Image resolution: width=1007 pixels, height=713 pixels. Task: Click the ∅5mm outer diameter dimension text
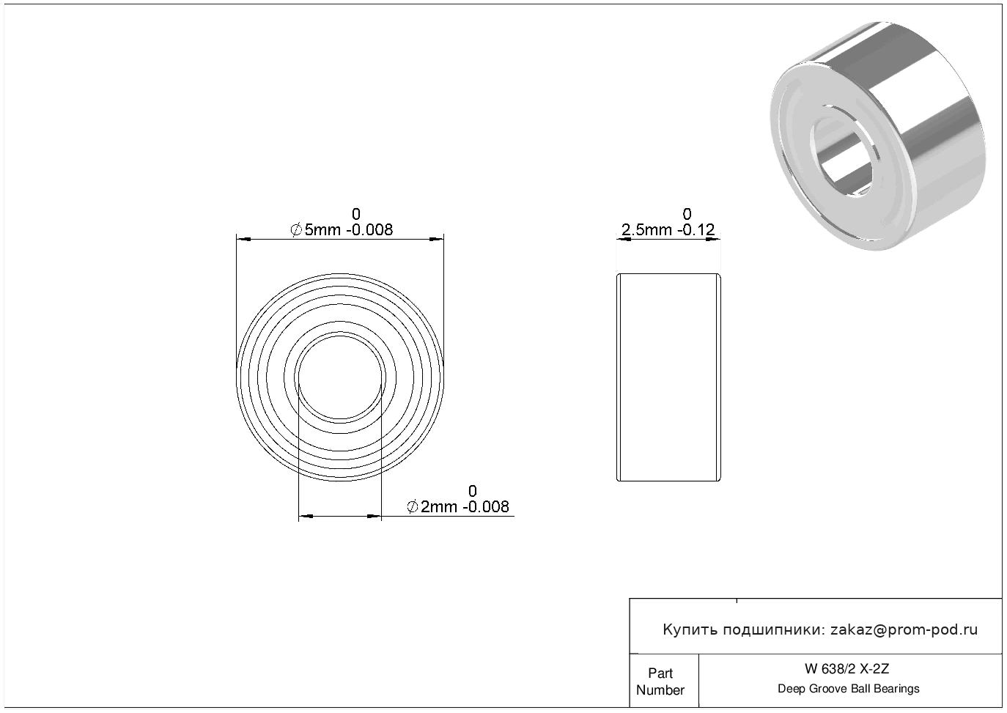click(x=342, y=229)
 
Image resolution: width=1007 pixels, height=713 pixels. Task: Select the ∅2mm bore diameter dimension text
click(x=457, y=506)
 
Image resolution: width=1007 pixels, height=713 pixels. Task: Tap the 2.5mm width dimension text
click(x=668, y=229)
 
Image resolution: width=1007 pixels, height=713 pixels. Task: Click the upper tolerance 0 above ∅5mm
click(x=356, y=213)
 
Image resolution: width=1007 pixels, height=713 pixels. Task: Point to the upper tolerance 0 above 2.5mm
click(x=687, y=213)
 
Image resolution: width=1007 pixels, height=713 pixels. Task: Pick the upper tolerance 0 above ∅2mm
click(x=472, y=490)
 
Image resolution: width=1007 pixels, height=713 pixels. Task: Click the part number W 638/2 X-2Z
click(x=846, y=669)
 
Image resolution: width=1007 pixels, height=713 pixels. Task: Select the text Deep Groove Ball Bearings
click(x=848, y=689)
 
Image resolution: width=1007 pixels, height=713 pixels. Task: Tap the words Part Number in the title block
click(x=660, y=681)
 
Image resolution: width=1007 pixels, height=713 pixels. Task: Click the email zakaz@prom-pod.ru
click(x=904, y=629)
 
